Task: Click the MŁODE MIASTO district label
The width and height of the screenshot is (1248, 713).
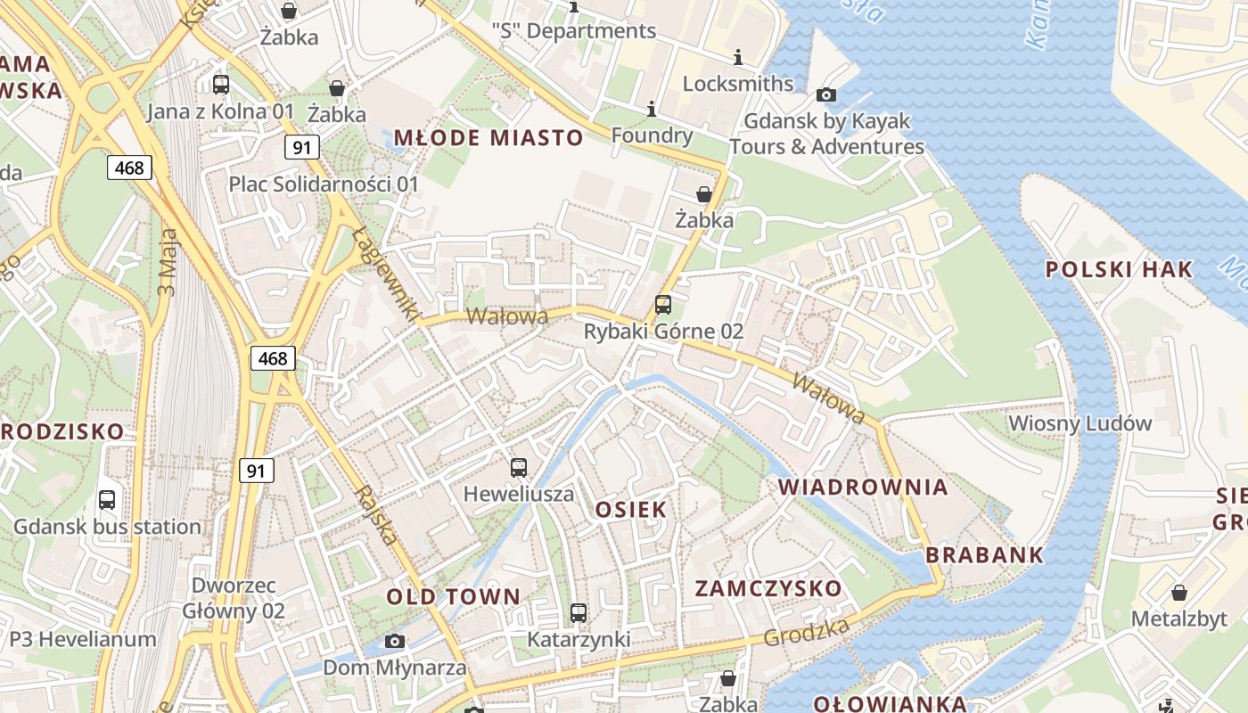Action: pyautogui.click(x=488, y=137)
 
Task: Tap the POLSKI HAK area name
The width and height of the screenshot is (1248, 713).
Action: pyautogui.click(x=1119, y=270)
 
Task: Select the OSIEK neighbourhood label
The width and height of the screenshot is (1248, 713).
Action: pyautogui.click(x=630, y=509)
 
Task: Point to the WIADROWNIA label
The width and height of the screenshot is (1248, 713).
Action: pyautogui.click(x=863, y=487)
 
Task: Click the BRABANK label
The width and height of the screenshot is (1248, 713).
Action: pyautogui.click(x=984, y=554)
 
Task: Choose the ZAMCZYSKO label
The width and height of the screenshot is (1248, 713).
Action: pyautogui.click(x=768, y=588)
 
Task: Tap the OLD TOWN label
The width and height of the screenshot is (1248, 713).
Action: pyautogui.click(x=453, y=596)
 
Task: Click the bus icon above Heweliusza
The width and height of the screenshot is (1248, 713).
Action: pyautogui.click(x=519, y=468)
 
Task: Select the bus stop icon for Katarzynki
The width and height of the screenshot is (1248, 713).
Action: pyautogui.click(x=579, y=613)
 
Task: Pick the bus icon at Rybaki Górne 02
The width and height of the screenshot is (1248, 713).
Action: pyautogui.click(x=663, y=305)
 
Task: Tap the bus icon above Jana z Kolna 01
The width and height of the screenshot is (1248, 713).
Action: pyautogui.click(x=221, y=85)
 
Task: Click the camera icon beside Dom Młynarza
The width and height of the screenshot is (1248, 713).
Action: pyautogui.click(x=394, y=641)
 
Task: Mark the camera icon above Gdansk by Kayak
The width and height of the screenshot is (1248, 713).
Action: pyautogui.click(x=826, y=94)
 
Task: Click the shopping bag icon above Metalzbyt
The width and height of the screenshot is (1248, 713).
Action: pyautogui.click(x=1179, y=593)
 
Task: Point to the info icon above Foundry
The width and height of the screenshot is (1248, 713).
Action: pyautogui.click(x=652, y=110)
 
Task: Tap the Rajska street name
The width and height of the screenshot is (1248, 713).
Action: pyautogui.click(x=374, y=515)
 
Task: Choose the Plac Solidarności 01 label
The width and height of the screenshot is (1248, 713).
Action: pyautogui.click(x=324, y=184)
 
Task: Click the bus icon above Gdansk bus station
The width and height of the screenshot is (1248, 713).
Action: pyautogui.click(x=107, y=500)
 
